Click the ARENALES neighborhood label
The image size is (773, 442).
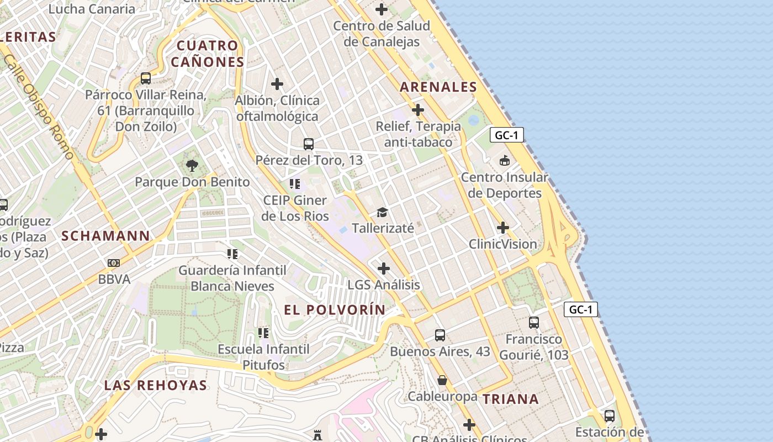438,87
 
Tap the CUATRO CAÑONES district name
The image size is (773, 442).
207,54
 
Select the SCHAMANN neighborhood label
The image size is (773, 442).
105,236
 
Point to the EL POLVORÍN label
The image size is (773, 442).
335,310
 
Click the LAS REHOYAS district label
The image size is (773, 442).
156,385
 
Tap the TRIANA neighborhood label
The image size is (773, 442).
511,399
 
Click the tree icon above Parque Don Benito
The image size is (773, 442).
192,165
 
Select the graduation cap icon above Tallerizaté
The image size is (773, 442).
382,212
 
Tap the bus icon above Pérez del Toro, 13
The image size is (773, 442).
309,144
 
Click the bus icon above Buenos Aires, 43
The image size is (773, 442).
440,335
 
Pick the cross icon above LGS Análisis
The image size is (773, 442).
384,269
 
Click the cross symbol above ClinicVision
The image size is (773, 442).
502,228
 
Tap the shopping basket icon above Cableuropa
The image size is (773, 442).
442,380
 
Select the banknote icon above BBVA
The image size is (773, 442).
114,263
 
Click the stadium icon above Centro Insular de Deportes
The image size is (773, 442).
504,161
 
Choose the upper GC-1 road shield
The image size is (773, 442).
506,135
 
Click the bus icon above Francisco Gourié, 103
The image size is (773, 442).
534,323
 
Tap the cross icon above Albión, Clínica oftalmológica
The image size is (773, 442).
277,84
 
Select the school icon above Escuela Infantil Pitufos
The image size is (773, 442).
263,333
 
